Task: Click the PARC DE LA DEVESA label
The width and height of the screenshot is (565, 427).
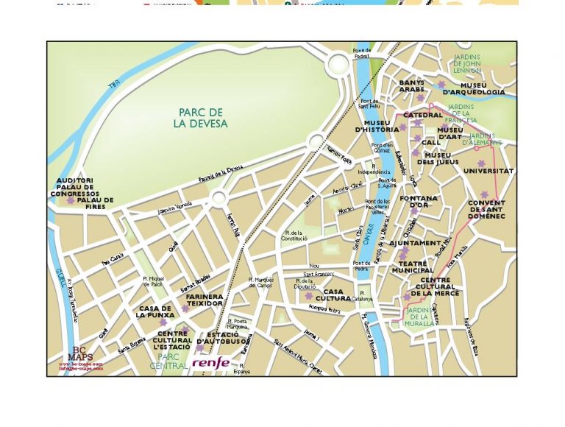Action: pos(200,118)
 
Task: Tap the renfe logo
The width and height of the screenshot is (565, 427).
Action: pos(211,362)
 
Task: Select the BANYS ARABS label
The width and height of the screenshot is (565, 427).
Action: pos(412,86)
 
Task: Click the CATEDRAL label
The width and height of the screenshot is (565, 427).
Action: pos(423,116)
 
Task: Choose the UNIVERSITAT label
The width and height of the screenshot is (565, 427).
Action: pos(488,171)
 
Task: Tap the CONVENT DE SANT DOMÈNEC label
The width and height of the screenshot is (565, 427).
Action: pos(487,209)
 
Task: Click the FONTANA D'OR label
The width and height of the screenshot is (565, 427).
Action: pos(419,201)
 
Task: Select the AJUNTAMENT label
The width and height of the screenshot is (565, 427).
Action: pos(415,243)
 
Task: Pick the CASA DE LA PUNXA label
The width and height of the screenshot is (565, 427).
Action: pos(155,311)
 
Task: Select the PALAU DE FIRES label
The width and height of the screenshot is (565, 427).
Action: pos(95,202)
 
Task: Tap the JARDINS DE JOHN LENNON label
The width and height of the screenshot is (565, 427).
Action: pos(467,63)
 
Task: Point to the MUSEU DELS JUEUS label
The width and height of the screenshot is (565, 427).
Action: pos(438,158)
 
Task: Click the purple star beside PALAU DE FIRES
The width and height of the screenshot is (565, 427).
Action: pos(70,200)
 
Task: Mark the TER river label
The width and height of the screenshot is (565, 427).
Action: pos(113,86)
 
